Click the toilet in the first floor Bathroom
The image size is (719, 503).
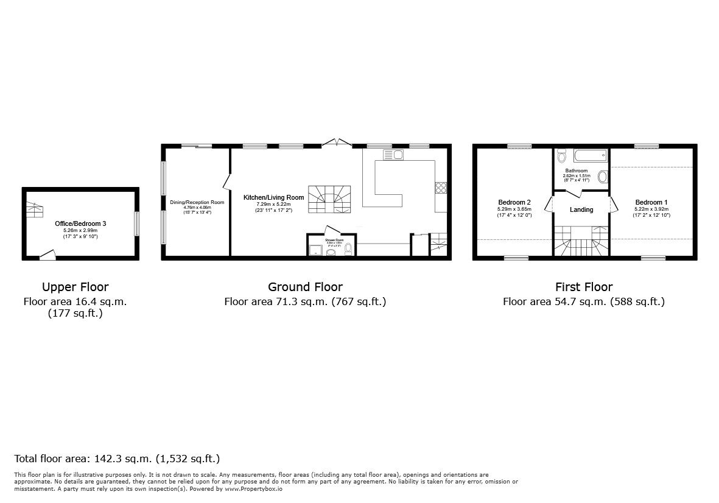point(561,155)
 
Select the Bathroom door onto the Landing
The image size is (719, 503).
point(573,193)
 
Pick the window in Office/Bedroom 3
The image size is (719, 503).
point(136,223)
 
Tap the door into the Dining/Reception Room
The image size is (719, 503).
point(226,181)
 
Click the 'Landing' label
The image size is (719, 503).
point(581,210)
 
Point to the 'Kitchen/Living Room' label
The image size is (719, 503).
point(273,197)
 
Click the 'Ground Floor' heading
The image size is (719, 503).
point(305,287)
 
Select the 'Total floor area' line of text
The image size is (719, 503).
point(117,459)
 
